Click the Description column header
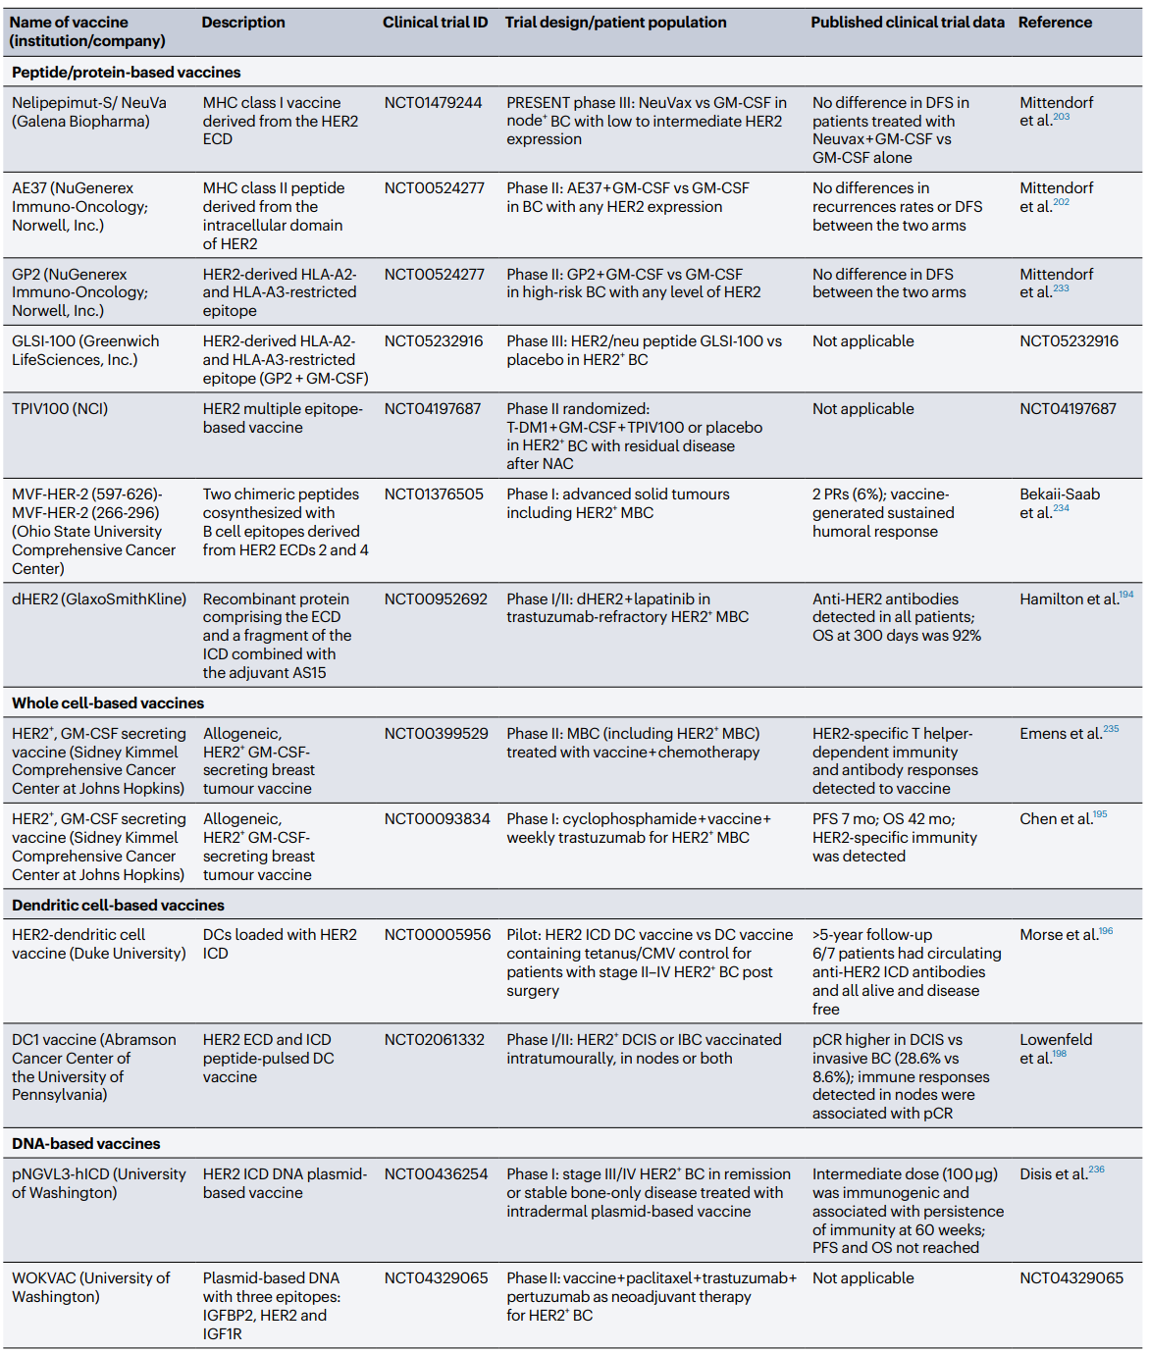click(x=243, y=23)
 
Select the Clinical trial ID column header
click(x=435, y=23)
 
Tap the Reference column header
click(x=1055, y=23)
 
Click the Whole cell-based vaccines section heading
click(x=108, y=703)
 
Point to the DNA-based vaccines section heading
click(x=86, y=1144)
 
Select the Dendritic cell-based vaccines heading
click(x=118, y=906)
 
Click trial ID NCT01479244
click(x=433, y=103)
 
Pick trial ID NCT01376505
click(x=434, y=494)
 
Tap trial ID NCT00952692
click(x=436, y=599)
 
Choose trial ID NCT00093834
click(x=437, y=819)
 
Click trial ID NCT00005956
click(x=437, y=935)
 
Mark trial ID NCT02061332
click(x=434, y=1040)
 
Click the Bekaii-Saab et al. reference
click(x=1059, y=503)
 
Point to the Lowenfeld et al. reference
click(x=1055, y=1049)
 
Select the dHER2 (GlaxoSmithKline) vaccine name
click(x=99, y=599)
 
